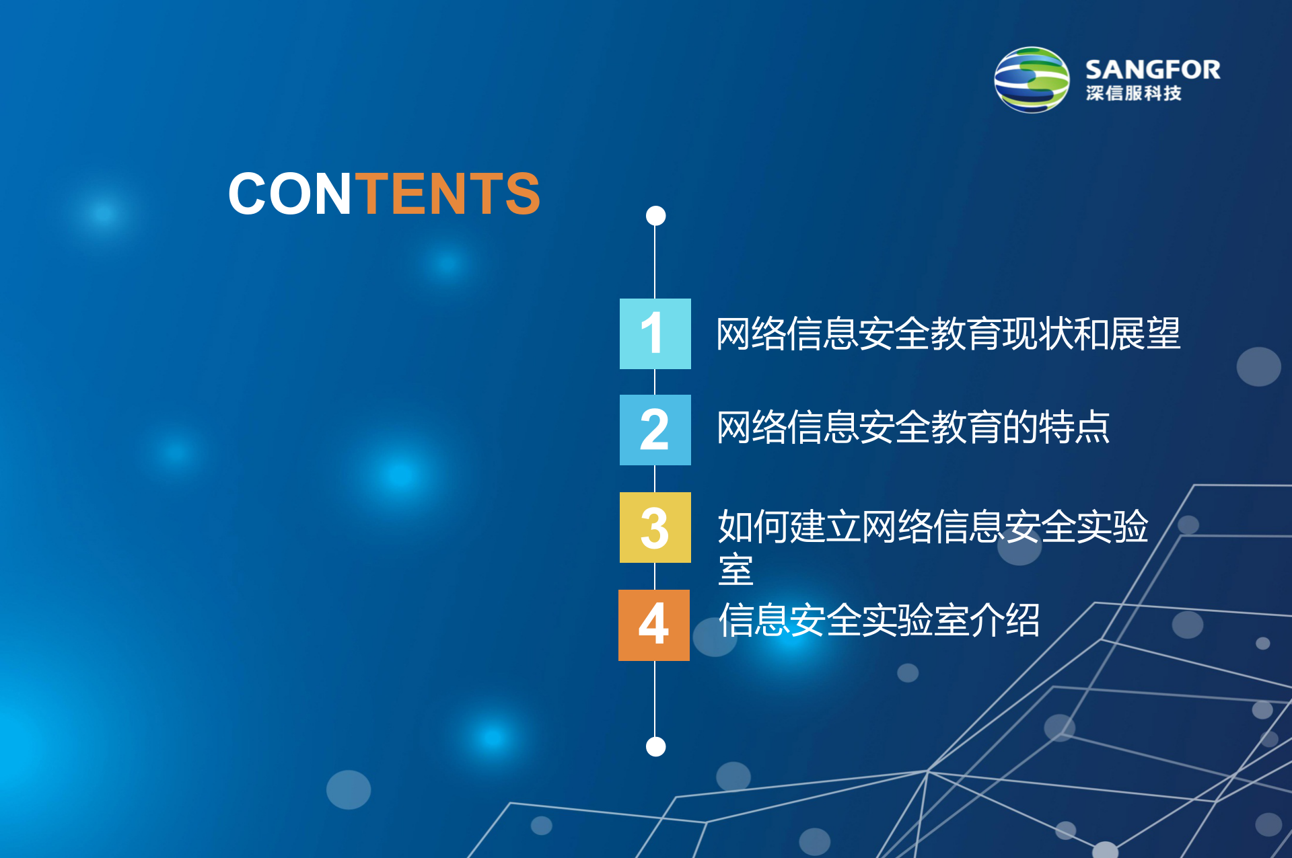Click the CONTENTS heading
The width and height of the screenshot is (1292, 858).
click(x=384, y=194)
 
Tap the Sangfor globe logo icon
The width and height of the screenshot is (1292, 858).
click(x=1032, y=80)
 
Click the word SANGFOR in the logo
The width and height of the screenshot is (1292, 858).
click(x=1152, y=69)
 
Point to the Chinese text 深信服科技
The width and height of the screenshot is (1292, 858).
click(x=1133, y=93)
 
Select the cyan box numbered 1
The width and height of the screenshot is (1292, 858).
click(x=655, y=334)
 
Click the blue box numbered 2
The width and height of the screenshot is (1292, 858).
click(x=655, y=430)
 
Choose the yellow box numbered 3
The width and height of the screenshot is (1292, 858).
click(x=655, y=527)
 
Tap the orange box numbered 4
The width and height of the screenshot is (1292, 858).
click(x=653, y=625)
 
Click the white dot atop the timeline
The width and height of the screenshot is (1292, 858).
click(x=655, y=216)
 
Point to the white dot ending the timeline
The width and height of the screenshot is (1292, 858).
click(x=655, y=746)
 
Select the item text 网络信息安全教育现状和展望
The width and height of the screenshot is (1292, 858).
click(x=947, y=334)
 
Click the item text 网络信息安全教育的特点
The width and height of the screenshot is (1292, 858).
click(x=912, y=428)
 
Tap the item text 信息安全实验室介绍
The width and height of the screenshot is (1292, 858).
click(x=879, y=620)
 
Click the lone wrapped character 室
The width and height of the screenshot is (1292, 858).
click(x=735, y=570)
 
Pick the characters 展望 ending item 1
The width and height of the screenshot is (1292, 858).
click(x=1145, y=334)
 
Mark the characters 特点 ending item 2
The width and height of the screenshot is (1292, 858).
click(x=1074, y=428)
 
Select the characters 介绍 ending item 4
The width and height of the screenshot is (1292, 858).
click(x=1004, y=620)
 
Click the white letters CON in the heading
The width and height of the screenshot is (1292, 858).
click(x=290, y=194)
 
